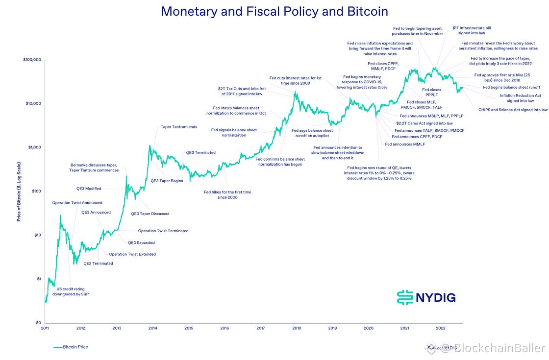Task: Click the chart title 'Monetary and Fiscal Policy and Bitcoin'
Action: [x=274, y=12]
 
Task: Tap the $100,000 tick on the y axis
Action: [x=32, y=60]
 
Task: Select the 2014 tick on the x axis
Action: [x=153, y=328]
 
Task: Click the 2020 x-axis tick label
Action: [x=369, y=328]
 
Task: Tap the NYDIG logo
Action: [x=426, y=297]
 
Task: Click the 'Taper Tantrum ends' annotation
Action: [x=179, y=127]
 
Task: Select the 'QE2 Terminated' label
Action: [x=98, y=264]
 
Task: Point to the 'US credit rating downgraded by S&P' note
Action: [x=71, y=291]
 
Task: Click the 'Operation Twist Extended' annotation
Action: [x=132, y=254]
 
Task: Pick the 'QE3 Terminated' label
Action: [x=200, y=152]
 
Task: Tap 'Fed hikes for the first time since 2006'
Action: [x=227, y=194]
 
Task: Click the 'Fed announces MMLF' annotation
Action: [x=405, y=144]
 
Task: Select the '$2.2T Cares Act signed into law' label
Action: [x=424, y=123]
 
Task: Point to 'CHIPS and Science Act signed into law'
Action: [x=513, y=110]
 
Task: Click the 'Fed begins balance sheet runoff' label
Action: [x=512, y=87]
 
